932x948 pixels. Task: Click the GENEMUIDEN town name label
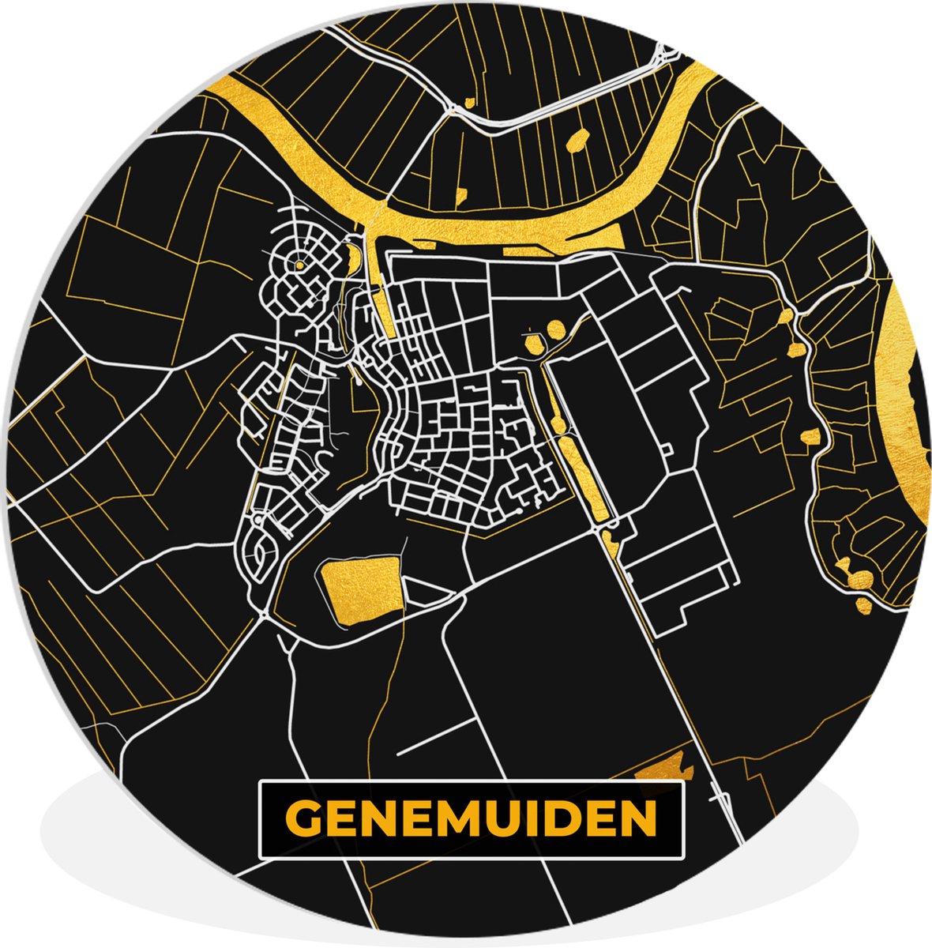tap(472, 819)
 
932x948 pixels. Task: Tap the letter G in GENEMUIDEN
tap(302, 819)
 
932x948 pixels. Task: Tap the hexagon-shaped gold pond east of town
tap(535, 344)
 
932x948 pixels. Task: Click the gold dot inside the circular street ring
tap(300, 266)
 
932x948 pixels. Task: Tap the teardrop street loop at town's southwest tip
tap(258, 553)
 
